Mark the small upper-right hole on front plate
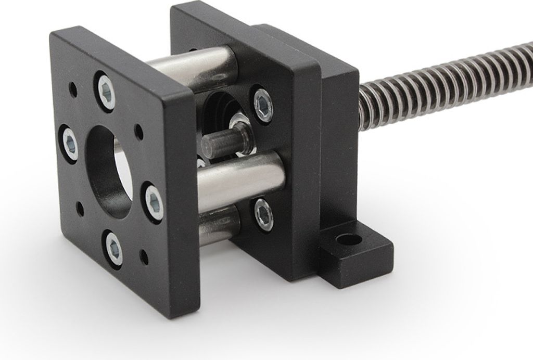(x=139, y=131)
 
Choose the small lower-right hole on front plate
(x=144, y=256)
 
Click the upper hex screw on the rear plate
(x=262, y=105)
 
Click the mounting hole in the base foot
(x=349, y=240)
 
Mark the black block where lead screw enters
(x=338, y=130)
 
